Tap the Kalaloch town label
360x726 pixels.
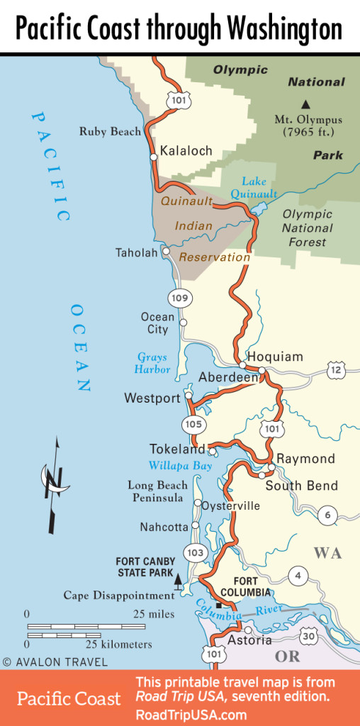coord(186,151)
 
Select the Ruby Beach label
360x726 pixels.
coord(110,131)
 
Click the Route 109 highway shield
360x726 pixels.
coord(179,298)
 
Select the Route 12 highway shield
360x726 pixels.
coord(336,369)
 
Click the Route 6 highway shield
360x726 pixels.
coord(327,515)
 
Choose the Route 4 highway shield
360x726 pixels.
coord(298,576)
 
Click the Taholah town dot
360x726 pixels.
coord(166,251)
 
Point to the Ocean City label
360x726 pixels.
coord(157,323)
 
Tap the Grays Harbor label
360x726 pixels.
coord(153,363)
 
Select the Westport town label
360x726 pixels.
coord(152,398)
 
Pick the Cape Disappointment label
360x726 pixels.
coord(118,596)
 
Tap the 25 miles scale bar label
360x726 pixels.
coord(152,614)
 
